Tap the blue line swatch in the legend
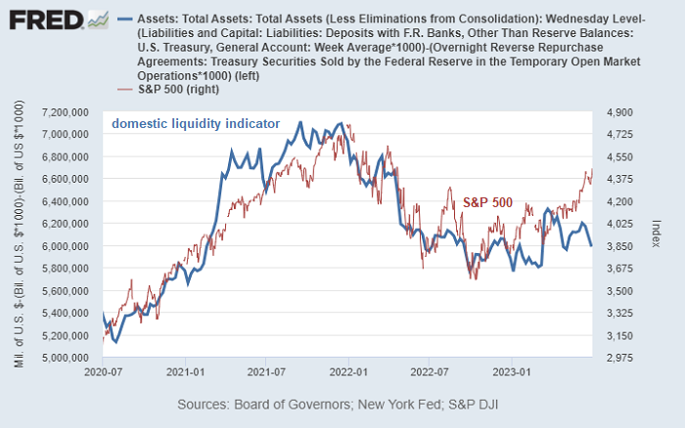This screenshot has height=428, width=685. click(125, 19)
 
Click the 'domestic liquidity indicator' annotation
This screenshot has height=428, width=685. click(196, 124)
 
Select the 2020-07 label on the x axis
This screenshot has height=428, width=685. click(103, 372)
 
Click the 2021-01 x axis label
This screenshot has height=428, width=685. click(185, 372)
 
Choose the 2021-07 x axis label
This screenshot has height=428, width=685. click(266, 372)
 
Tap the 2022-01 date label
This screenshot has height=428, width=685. click(348, 372)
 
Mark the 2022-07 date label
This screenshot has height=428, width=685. click(430, 372)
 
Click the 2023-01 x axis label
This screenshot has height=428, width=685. click(512, 372)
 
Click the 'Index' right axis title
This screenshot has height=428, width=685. click(657, 235)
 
